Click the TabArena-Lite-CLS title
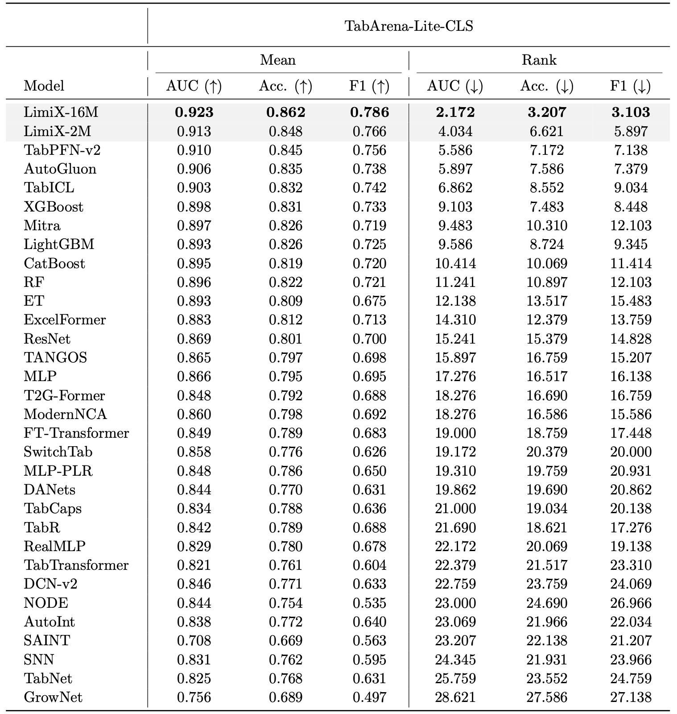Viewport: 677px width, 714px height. point(409,26)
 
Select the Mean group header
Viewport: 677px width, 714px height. point(278,60)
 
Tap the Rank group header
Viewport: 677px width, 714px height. point(539,60)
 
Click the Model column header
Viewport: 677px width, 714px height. point(44,86)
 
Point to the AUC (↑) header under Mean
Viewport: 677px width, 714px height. point(194,86)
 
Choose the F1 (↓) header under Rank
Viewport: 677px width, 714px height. point(630,86)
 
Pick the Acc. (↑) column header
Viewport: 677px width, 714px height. point(285,86)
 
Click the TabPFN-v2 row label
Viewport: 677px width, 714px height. point(62,150)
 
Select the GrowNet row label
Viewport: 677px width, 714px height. point(53,697)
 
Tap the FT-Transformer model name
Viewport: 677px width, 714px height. point(76,433)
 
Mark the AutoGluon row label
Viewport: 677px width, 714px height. point(60,169)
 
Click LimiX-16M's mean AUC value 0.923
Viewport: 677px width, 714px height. point(194,112)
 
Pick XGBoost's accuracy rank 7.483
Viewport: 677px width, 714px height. point(547,207)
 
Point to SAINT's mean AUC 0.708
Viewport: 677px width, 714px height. point(194,640)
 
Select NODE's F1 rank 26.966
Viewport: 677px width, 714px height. point(631,603)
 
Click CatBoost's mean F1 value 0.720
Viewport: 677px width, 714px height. point(369,263)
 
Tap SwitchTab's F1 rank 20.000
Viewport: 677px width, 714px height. point(631,452)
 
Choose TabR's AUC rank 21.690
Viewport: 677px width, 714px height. point(455,527)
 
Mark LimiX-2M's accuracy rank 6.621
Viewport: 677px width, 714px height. point(547,131)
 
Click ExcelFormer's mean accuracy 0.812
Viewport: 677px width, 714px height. point(285,320)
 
